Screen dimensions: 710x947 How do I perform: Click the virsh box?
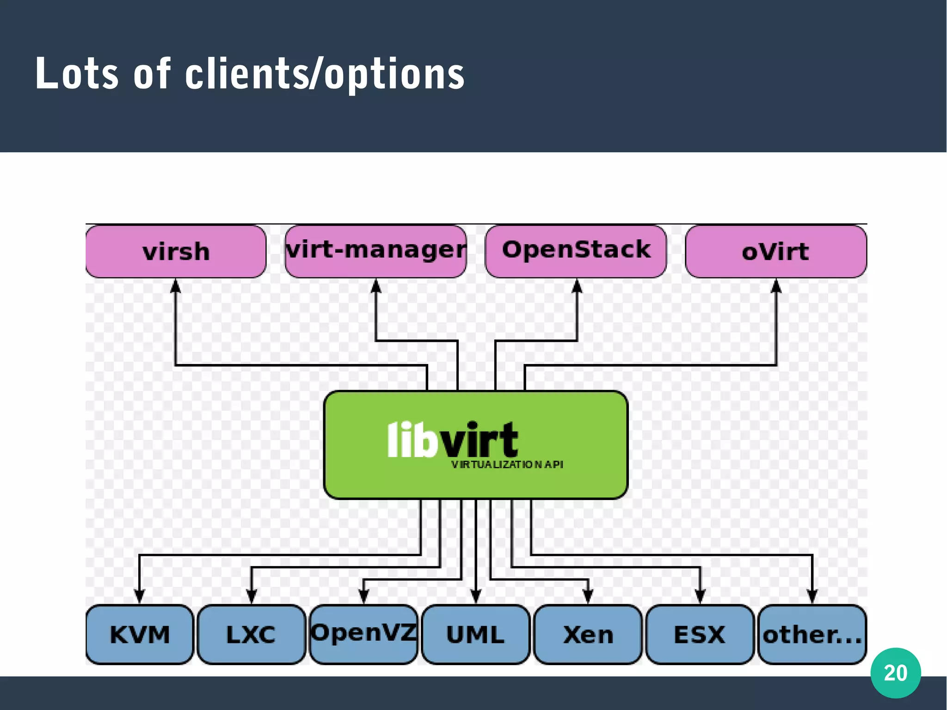coord(176,252)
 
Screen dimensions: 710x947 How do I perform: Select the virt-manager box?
coord(375,251)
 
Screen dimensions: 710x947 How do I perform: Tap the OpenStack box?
coord(576,251)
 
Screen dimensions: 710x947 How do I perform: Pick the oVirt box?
coord(775,252)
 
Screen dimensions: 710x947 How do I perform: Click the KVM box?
coord(140,634)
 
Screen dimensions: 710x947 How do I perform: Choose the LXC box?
coord(251,634)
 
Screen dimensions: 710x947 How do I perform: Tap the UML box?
coord(475,634)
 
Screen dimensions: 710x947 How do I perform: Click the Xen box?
coord(588,634)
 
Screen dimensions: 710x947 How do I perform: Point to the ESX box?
coord(700,634)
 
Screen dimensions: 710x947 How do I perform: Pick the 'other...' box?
coord(812,634)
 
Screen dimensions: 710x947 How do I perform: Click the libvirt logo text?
coord(452,440)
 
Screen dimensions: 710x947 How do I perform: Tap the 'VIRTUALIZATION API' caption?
coord(507,464)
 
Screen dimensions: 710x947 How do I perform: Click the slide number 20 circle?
coord(895,673)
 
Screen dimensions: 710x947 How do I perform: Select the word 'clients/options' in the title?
coord(325,74)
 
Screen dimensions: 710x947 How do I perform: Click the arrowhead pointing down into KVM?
coord(139,596)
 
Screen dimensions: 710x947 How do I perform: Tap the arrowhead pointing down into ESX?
coord(700,596)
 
